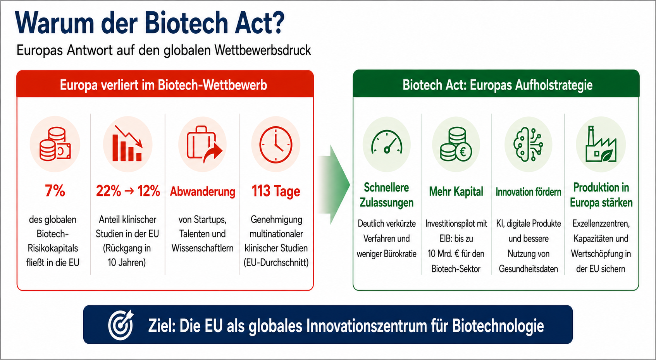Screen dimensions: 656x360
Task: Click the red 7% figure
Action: point(55,191)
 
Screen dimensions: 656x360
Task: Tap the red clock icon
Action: point(275,145)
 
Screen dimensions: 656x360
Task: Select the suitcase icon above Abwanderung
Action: point(205,145)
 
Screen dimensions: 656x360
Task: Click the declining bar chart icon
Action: point(127,143)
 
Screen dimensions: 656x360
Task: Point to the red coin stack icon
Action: point(55,144)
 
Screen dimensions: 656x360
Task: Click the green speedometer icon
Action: point(387,142)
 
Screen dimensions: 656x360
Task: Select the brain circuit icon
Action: point(528,144)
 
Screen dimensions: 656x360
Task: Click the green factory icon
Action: point(601,144)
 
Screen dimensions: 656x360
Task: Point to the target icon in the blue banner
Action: point(121,325)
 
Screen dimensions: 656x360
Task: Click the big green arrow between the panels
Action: point(334,184)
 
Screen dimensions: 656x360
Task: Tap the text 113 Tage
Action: point(276,191)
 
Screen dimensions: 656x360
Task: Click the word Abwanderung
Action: point(203,191)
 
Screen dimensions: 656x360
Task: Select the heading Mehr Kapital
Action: point(456,192)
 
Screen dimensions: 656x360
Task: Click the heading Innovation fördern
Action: point(528,192)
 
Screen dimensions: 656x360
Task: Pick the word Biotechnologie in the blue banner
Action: point(498,326)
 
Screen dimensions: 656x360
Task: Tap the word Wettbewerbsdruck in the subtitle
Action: point(263,50)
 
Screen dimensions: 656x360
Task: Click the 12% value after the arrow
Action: point(149,191)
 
